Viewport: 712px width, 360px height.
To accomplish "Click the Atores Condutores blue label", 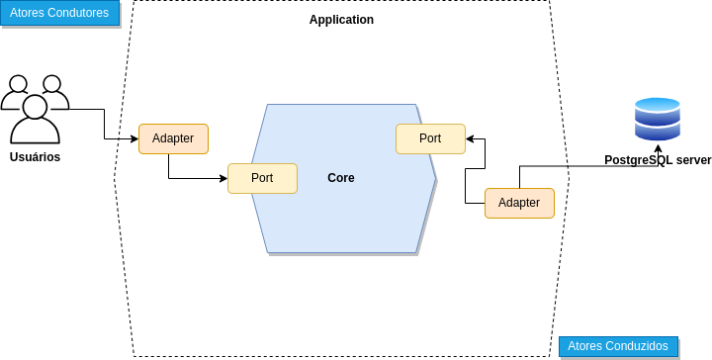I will (58, 13).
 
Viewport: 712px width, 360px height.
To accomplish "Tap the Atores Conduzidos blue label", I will (619, 346).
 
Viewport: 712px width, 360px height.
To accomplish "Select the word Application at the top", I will (341, 20).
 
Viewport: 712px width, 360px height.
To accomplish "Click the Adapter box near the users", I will (173, 138).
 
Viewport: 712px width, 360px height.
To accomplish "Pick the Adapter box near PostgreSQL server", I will (519, 203).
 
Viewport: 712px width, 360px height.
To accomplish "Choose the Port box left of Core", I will (262, 178).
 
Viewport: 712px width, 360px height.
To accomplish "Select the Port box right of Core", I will (430, 138).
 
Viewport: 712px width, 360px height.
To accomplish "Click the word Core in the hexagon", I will (341, 178).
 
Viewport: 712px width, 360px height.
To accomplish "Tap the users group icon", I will (36, 109).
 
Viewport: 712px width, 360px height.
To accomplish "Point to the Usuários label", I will (35, 157).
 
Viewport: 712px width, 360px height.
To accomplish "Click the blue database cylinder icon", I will (658, 120).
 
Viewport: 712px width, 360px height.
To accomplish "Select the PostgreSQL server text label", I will (658, 160).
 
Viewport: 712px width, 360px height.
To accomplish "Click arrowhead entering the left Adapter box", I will (134, 138).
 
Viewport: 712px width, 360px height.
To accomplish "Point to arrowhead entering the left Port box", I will (223, 178).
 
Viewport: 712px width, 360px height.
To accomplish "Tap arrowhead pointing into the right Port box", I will (470, 138).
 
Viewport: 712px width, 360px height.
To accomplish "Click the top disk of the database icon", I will (658, 104).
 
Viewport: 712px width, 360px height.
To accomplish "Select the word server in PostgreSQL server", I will (691, 160).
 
